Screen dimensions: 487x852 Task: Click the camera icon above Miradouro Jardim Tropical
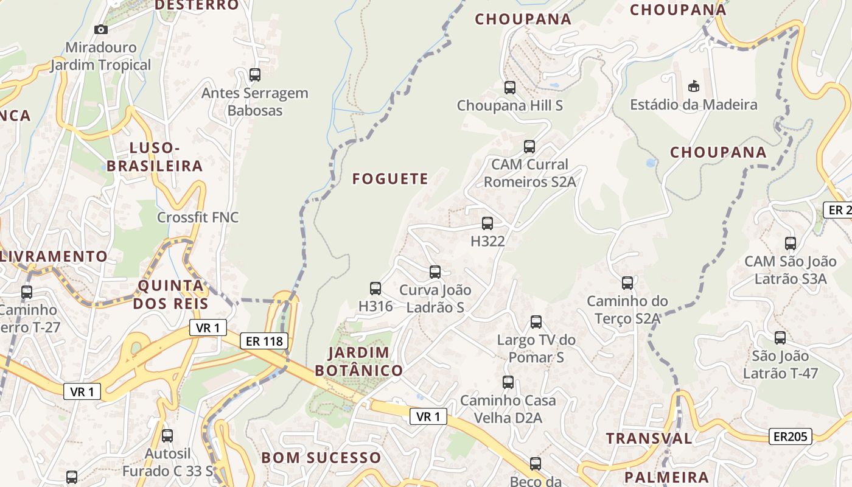101,29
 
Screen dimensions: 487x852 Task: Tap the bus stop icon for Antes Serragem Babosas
255,75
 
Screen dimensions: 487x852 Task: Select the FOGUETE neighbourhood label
390,179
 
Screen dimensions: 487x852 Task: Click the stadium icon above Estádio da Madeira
693,86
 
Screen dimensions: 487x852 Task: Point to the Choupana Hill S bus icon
510,88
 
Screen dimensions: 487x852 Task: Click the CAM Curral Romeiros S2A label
529,173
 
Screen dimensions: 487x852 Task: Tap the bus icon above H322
487,223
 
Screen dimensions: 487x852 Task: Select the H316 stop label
375,306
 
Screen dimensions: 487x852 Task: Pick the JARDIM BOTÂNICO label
358,362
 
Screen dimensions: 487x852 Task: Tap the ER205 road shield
790,436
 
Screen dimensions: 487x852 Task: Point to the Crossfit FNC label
198,217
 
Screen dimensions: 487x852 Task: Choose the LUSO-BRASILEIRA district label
155,157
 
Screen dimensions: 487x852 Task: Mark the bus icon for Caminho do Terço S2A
627,283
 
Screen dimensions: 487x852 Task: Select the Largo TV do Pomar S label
536,348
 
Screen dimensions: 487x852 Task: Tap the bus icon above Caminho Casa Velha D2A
508,382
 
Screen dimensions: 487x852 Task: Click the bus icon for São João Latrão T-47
780,338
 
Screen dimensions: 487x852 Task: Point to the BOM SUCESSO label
321,458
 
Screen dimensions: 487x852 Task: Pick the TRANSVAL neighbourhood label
649,438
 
